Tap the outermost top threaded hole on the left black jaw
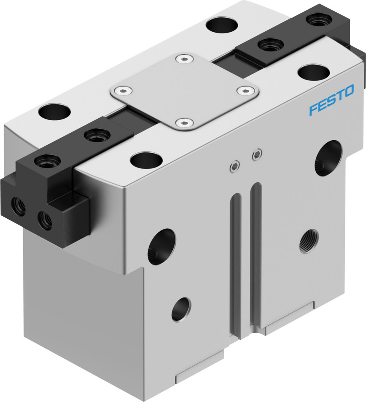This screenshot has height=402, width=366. pyautogui.click(x=48, y=162)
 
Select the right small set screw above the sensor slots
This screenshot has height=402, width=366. pyautogui.click(x=255, y=154)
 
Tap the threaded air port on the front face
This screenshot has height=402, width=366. pyautogui.click(x=309, y=241)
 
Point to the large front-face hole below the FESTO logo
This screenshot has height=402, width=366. pyautogui.click(x=328, y=158)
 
